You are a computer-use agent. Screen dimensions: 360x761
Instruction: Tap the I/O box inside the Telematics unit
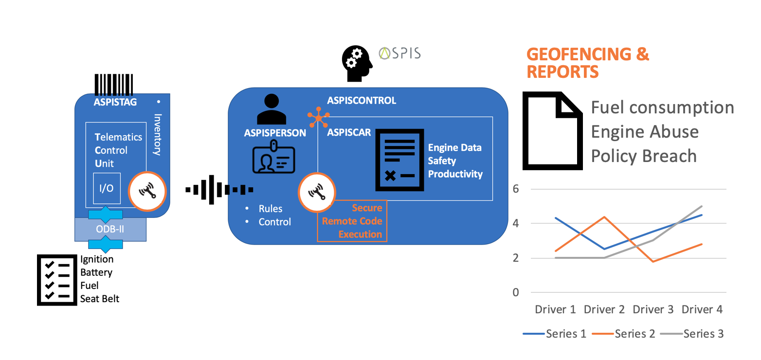click(107, 188)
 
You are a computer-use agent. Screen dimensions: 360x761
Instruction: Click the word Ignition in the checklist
click(97, 259)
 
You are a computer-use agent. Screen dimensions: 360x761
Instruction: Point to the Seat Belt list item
click(100, 298)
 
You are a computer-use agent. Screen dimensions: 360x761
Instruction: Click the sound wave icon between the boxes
click(219, 189)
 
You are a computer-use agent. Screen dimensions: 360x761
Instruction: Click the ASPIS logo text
click(399, 53)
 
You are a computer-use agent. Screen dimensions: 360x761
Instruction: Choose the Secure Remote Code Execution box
click(352, 221)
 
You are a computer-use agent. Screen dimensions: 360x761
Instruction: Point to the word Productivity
click(455, 174)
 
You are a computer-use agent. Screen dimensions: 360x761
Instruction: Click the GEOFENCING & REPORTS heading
click(588, 63)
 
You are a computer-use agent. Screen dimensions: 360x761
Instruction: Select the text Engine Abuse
click(644, 131)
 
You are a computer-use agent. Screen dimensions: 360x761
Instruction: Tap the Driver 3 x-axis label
click(652, 309)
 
